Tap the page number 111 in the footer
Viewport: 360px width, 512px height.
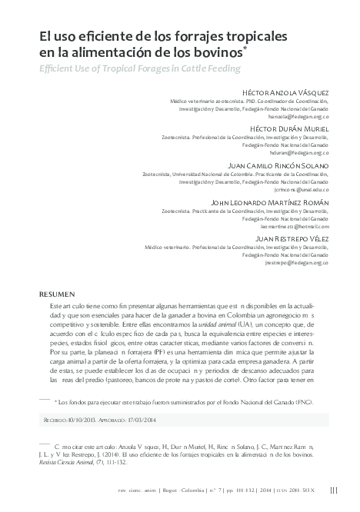click(333, 490)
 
